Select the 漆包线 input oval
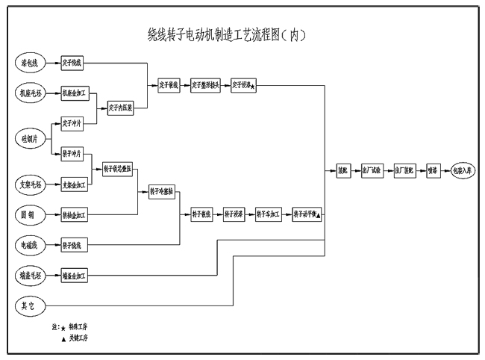click(x=32, y=63)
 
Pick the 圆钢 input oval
click(x=32, y=215)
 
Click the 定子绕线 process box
click(x=74, y=63)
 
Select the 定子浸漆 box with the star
click(x=244, y=85)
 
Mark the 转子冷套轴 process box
click(x=161, y=190)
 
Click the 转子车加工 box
click(x=268, y=214)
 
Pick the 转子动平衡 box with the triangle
click(x=307, y=214)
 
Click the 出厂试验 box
click(x=371, y=171)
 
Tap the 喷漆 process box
click(x=433, y=171)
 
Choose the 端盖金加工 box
click(x=75, y=276)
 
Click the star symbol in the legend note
click(x=62, y=327)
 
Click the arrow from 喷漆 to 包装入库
click(x=445, y=171)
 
